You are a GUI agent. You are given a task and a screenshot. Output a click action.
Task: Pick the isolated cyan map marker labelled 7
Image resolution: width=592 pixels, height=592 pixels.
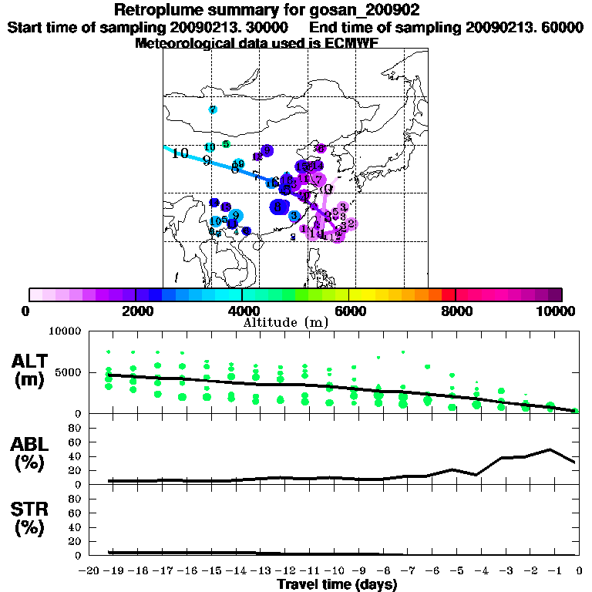[212, 110]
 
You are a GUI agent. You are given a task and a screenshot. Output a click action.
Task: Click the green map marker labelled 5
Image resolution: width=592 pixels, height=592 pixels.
[225, 144]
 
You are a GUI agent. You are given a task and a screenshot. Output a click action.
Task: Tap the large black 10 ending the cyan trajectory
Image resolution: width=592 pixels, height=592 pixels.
[180, 153]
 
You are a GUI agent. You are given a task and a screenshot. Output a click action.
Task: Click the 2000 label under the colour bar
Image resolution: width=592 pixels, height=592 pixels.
[136, 311]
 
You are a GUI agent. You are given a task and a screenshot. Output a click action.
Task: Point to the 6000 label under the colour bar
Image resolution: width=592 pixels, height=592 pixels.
[349, 311]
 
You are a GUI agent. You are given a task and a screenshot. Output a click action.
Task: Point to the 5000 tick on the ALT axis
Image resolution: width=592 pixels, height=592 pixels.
[69, 372]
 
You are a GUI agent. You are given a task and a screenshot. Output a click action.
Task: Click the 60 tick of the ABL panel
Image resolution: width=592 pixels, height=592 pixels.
[76, 442]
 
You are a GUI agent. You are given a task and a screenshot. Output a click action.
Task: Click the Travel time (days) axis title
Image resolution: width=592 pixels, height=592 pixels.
[337, 584]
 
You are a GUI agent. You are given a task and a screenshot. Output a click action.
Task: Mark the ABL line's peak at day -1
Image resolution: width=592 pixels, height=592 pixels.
[550, 449]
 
